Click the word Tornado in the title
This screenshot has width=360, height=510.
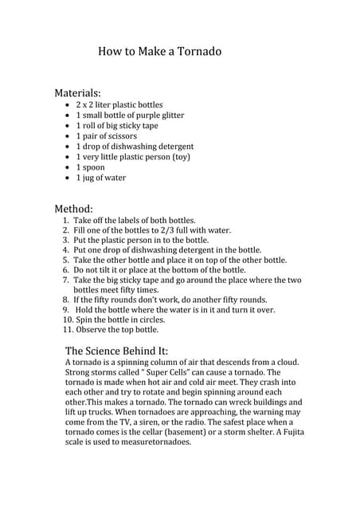coord(196,52)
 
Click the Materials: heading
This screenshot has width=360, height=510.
coord(78,92)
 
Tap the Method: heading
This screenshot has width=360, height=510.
coord(73,208)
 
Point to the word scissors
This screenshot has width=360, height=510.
coord(120,136)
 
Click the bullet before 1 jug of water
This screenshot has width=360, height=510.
coord(66,178)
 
